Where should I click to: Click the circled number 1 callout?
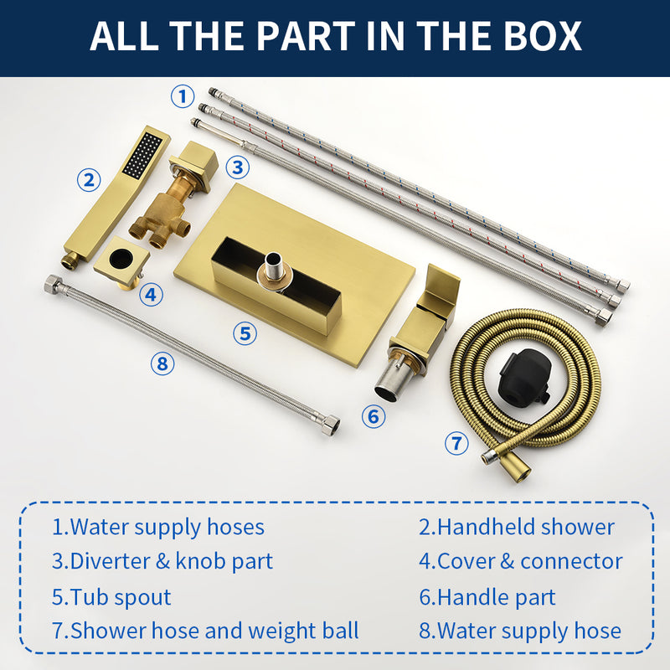[x=183, y=95]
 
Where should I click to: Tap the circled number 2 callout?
[x=89, y=179]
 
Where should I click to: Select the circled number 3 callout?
[x=238, y=167]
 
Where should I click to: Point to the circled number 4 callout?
[x=150, y=294]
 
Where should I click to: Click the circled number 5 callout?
[x=244, y=333]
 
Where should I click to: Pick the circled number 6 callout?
[x=374, y=415]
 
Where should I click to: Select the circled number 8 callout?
[x=163, y=363]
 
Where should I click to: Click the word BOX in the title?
[x=537, y=37]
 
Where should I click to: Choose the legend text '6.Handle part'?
[x=487, y=597]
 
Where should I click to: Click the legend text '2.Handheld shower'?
[x=517, y=527]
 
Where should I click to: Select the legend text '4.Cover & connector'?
[x=521, y=561]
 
